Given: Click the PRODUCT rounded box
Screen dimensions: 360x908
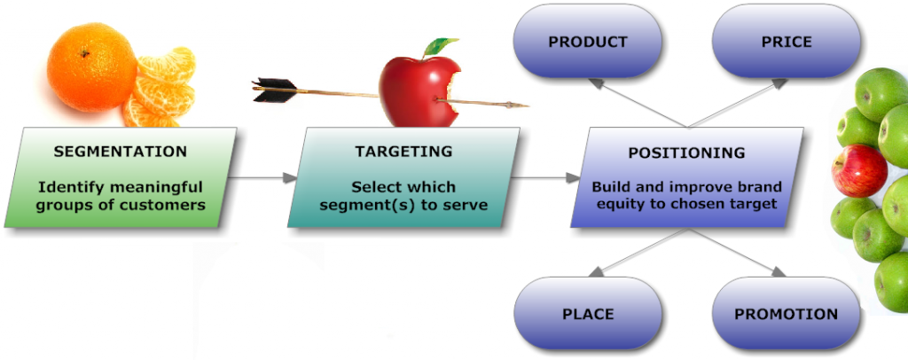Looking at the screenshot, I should (x=587, y=42).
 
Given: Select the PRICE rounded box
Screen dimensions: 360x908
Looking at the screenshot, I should (x=786, y=42).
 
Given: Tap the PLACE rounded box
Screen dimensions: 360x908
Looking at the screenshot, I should (x=587, y=314).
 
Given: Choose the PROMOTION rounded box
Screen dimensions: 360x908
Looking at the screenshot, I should (x=786, y=314).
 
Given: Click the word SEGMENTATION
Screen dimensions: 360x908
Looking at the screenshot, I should (x=121, y=152).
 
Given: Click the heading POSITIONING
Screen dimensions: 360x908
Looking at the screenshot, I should (x=686, y=153).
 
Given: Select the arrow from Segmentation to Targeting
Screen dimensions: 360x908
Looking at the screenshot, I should (x=262, y=178).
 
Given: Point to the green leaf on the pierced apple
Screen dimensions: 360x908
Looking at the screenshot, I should (x=440, y=46).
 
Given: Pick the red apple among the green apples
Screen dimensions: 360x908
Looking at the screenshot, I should (x=858, y=170).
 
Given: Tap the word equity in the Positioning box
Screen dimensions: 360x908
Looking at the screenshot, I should (x=618, y=205).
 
